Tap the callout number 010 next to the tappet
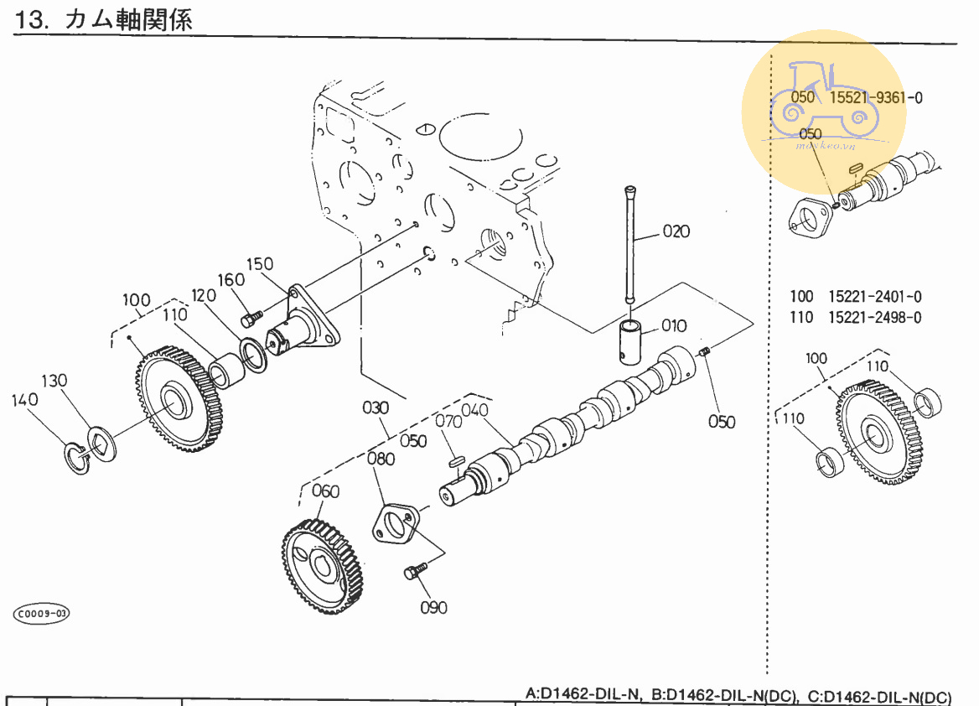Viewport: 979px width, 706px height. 673,325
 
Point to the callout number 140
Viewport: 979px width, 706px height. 25,400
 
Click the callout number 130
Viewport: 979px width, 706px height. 54,381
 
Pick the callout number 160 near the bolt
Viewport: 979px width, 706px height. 231,280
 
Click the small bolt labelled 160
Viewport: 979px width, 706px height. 251,319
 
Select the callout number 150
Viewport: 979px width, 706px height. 260,264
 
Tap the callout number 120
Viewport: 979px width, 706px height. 203,295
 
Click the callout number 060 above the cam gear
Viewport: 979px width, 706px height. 326,491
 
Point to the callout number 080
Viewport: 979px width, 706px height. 381,459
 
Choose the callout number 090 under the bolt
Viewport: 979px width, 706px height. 433,607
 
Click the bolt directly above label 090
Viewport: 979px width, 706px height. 412,572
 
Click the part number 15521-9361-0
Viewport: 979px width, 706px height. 876,97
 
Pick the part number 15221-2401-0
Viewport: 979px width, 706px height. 875,296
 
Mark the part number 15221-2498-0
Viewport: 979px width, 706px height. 875,317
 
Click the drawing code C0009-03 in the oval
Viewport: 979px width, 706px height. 40,614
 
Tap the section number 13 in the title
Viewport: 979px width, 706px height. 28,20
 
